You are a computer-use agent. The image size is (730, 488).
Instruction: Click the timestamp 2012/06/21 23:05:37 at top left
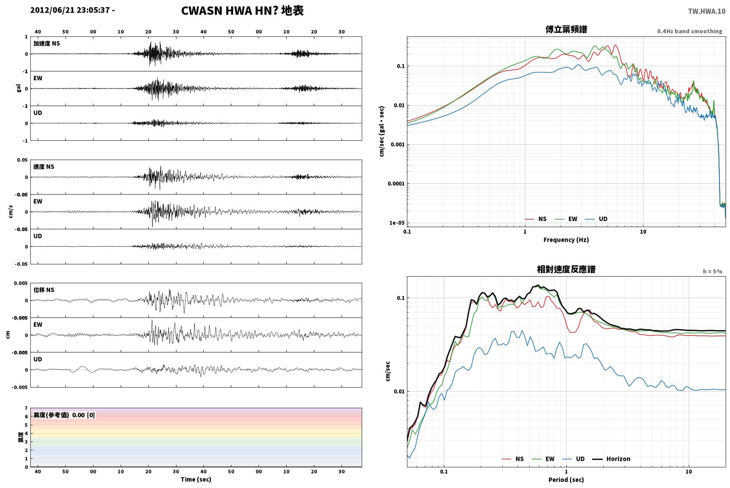tap(70, 10)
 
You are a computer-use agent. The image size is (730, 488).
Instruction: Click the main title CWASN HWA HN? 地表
tap(242, 11)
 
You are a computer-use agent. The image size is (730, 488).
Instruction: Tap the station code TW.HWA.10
tap(707, 11)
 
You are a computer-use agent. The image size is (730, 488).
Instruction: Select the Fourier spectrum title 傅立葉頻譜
tap(566, 29)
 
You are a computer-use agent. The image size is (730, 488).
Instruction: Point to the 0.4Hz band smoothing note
tap(690, 31)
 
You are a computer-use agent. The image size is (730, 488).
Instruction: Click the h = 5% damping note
tap(712, 271)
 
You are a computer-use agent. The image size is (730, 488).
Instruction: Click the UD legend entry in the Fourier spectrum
tap(596, 219)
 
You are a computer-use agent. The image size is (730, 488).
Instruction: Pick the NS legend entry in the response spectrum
tap(513, 459)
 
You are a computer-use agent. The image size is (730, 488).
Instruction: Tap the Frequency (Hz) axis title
tap(566, 240)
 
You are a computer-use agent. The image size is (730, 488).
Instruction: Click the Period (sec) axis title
tap(566, 480)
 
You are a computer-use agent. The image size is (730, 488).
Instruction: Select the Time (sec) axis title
tap(196, 479)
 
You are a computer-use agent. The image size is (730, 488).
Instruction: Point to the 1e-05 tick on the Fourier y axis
tap(397, 223)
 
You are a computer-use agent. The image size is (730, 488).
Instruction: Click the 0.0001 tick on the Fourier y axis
tap(396, 184)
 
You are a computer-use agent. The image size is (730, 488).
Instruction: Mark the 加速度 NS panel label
tap(47, 43)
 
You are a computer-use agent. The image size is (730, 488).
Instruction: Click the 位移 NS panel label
tap(43, 290)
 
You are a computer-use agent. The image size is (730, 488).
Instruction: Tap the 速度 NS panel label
tap(43, 167)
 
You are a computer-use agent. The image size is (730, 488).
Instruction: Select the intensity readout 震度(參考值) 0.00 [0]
tap(64, 415)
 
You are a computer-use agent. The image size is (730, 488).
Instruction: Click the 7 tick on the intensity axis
tap(26, 408)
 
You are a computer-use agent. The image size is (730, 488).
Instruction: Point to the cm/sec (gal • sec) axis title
tap(381, 132)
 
